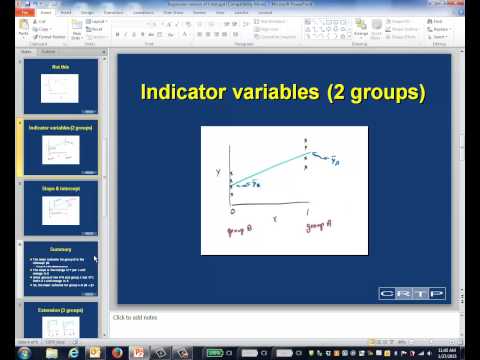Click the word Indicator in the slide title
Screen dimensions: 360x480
(180, 94)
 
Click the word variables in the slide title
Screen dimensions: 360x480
(271, 94)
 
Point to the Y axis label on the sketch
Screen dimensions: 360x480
(218, 172)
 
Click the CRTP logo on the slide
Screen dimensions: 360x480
(404, 293)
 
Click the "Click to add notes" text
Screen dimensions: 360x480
(140, 317)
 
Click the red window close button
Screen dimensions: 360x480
(468, 5)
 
